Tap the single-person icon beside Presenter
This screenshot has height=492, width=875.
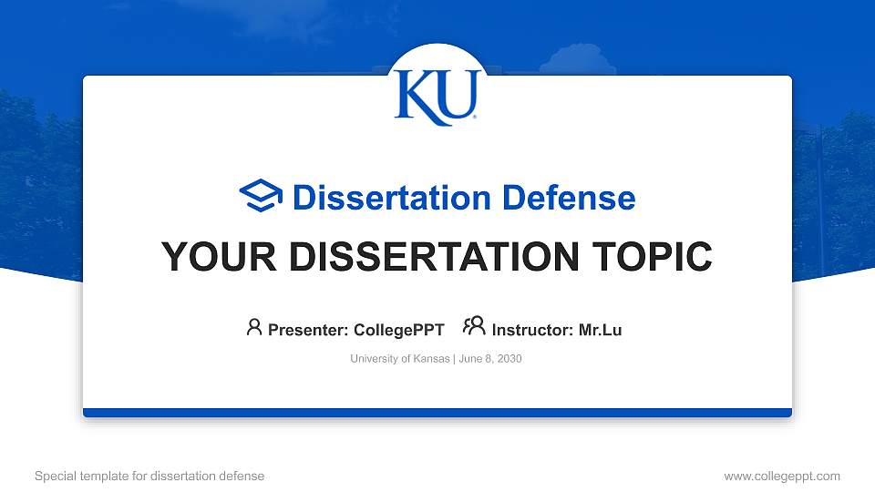[254, 327]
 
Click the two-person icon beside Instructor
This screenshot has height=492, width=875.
[474, 326]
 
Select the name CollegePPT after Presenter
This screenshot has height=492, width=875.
[399, 330]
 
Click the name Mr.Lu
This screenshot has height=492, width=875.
[600, 330]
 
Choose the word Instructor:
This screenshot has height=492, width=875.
[533, 330]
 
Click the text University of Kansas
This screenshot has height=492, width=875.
[399, 359]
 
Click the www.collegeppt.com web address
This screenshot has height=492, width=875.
[782, 476]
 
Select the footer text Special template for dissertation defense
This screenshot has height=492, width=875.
[149, 476]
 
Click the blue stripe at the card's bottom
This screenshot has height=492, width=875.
[437, 413]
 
